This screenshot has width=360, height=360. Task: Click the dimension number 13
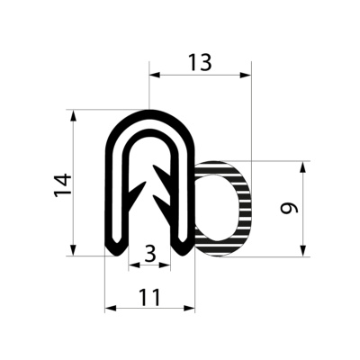coord(200,63)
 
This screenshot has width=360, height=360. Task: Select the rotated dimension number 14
coord(60,184)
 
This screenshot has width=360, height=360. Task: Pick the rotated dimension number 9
coord(289,209)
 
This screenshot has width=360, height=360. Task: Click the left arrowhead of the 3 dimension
coord(133,265)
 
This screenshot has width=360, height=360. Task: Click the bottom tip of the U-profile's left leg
coord(117,251)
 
